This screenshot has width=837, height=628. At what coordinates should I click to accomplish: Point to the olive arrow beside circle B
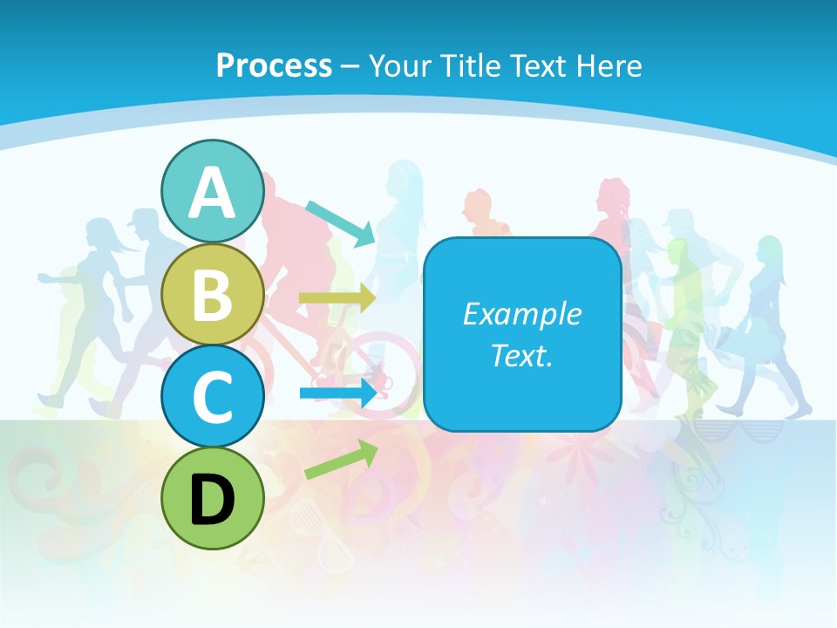[x=337, y=298]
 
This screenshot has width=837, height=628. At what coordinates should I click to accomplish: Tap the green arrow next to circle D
[x=341, y=460]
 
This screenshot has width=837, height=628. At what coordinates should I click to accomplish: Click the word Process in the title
[x=274, y=65]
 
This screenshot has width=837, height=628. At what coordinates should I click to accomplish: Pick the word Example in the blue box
[x=521, y=314]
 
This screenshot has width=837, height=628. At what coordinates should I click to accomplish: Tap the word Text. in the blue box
[x=521, y=356]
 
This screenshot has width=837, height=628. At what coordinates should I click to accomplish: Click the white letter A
[x=213, y=194]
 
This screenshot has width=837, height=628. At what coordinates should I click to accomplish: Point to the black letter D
[x=213, y=499]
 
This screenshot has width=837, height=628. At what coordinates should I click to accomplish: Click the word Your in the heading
[x=398, y=65]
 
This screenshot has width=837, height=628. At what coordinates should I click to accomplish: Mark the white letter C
[x=213, y=398]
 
